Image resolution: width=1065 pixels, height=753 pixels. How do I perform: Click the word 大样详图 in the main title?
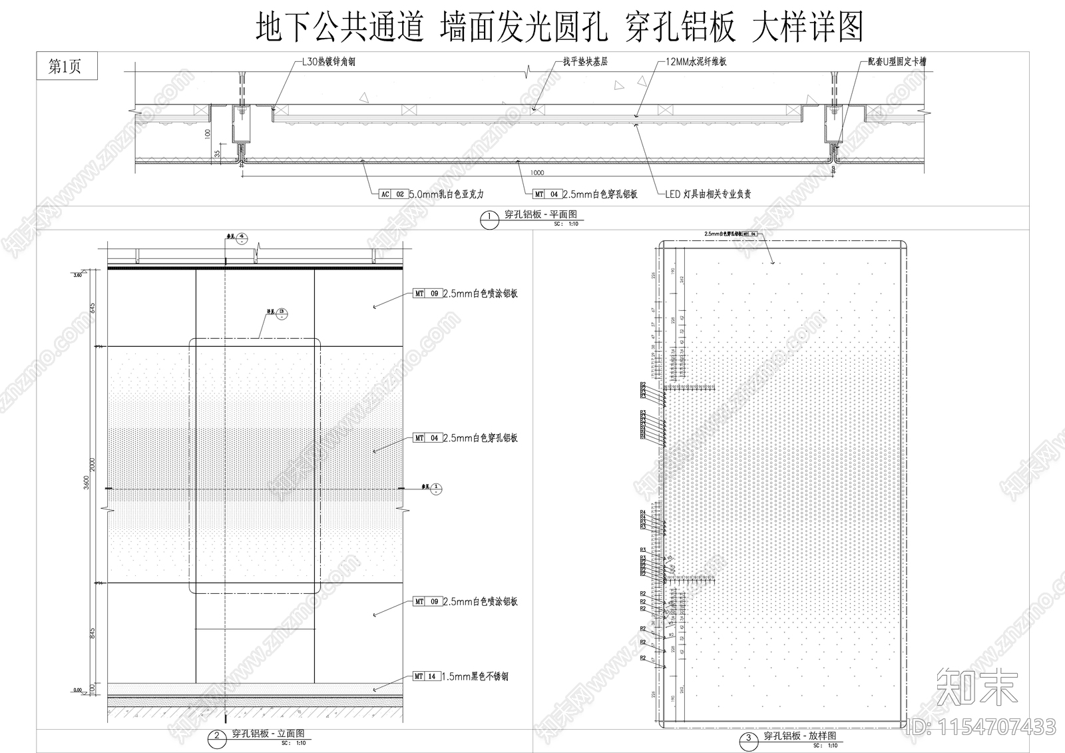click(x=807, y=28)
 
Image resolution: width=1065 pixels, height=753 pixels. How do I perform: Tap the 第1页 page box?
click(x=65, y=67)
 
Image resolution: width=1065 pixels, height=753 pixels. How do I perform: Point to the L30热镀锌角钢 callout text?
click(x=329, y=62)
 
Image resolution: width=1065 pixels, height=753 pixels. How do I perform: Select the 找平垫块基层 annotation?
click(x=585, y=62)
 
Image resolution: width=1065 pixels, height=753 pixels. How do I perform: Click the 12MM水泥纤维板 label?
click(x=696, y=62)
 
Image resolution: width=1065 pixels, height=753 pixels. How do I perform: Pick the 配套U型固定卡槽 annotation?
click(x=897, y=62)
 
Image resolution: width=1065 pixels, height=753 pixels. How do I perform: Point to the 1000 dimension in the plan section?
click(x=536, y=173)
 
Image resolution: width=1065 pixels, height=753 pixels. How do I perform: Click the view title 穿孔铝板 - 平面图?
click(x=540, y=215)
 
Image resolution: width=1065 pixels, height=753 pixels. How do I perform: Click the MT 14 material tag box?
click(x=426, y=676)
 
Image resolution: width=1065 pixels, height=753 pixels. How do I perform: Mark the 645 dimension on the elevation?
click(x=93, y=308)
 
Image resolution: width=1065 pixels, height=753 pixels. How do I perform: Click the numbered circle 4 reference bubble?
click(x=242, y=237)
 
